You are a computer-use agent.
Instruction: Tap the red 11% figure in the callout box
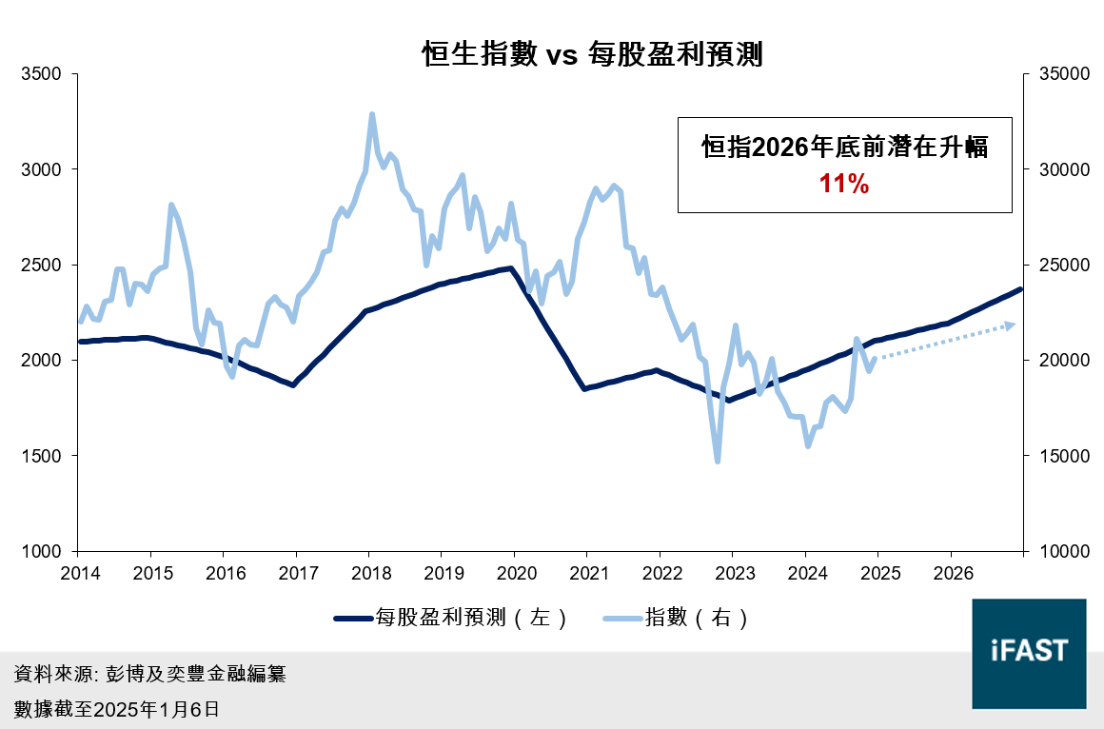tap(844, 185)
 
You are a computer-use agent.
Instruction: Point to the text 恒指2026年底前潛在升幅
tap(844, 148)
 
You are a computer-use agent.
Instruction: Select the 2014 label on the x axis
tap(77, 574)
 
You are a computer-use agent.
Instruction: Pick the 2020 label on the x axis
tap(514, 574)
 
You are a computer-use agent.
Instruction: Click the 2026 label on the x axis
tap(951, 574)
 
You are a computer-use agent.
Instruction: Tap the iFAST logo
tap(1029, 653)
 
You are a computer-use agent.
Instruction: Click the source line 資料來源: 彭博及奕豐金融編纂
tap(150, 675)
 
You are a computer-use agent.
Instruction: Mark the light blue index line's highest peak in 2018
tap(372, 114)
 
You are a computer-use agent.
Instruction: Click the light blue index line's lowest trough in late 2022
tap(718, 462)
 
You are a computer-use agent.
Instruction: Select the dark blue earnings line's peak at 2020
tap(511, 267)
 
